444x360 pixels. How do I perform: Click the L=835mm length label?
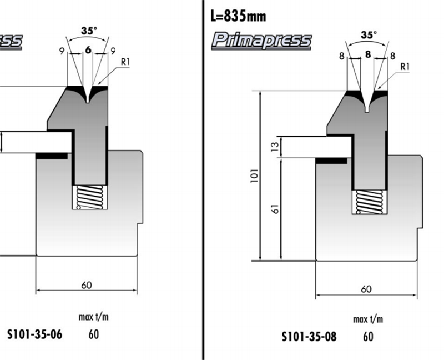239,15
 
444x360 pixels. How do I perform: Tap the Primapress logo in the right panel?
262,41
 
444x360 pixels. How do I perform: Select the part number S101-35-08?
309,336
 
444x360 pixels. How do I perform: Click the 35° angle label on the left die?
88,31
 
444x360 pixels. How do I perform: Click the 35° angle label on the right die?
368,34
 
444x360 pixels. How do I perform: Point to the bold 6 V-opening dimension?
88,50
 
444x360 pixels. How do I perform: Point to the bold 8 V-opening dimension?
368,54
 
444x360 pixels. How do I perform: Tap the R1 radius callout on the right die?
405,67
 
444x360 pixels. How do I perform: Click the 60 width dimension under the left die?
86,285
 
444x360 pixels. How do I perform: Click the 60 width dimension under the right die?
366,288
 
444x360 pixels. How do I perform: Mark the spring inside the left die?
88,197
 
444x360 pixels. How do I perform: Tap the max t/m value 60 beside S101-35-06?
93,334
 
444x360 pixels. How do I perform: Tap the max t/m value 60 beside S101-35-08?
368,336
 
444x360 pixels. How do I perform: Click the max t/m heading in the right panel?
367,319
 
